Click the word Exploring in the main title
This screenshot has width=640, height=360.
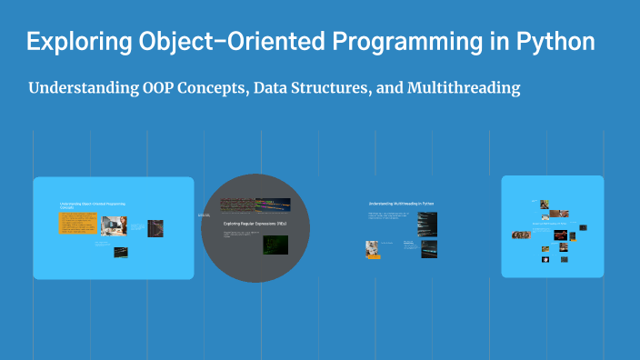coord(74,43)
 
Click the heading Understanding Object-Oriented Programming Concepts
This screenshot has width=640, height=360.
coord(92,206)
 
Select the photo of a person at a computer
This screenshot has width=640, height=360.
coord(114,224)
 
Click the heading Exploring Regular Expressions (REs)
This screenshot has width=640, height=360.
coord(255,223)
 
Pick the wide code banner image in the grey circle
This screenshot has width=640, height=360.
coord(255,205)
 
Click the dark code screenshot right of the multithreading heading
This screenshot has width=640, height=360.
coord(427,224)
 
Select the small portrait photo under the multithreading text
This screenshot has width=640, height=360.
coord(372,247)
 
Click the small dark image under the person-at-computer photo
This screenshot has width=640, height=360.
coord(120,252)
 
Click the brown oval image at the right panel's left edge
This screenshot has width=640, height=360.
coord(521,235)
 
